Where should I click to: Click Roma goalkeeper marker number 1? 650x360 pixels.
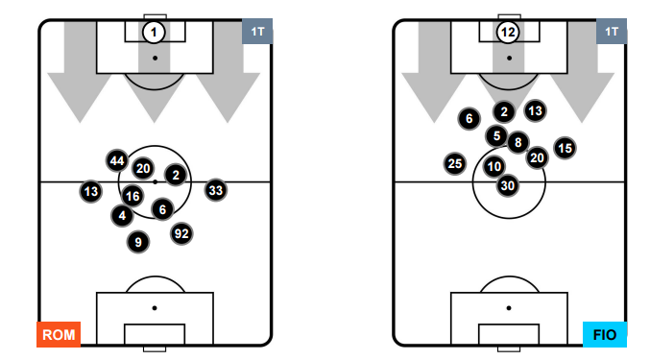[154, 32]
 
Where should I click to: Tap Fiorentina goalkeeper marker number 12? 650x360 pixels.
[508, 32]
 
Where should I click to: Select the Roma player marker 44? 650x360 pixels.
[117, 160]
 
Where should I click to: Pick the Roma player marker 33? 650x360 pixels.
[216, 191]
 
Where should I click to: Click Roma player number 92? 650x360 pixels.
[181, 234]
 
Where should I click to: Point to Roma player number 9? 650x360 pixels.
[138, 242]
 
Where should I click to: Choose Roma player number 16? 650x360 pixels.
[132, 196]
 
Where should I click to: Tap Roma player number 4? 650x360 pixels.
[122, 215]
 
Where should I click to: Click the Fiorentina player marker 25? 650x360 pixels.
[455, 163]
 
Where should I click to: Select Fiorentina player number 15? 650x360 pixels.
[565, 148]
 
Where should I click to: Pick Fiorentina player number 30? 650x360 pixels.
[508, 185]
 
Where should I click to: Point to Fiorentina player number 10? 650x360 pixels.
[494, 166]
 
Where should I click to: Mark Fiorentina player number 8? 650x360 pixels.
[518, 142]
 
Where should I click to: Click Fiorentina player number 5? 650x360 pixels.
[496, 135]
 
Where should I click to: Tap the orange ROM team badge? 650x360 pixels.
[59, 334]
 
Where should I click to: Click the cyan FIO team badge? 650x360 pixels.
[605, 334]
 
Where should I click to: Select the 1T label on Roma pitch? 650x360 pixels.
[257, 31]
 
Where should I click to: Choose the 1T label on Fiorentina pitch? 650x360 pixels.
[612, 31]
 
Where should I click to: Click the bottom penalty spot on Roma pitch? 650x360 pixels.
[155, 308]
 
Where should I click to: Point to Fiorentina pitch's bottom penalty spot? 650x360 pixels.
[509, 308]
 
